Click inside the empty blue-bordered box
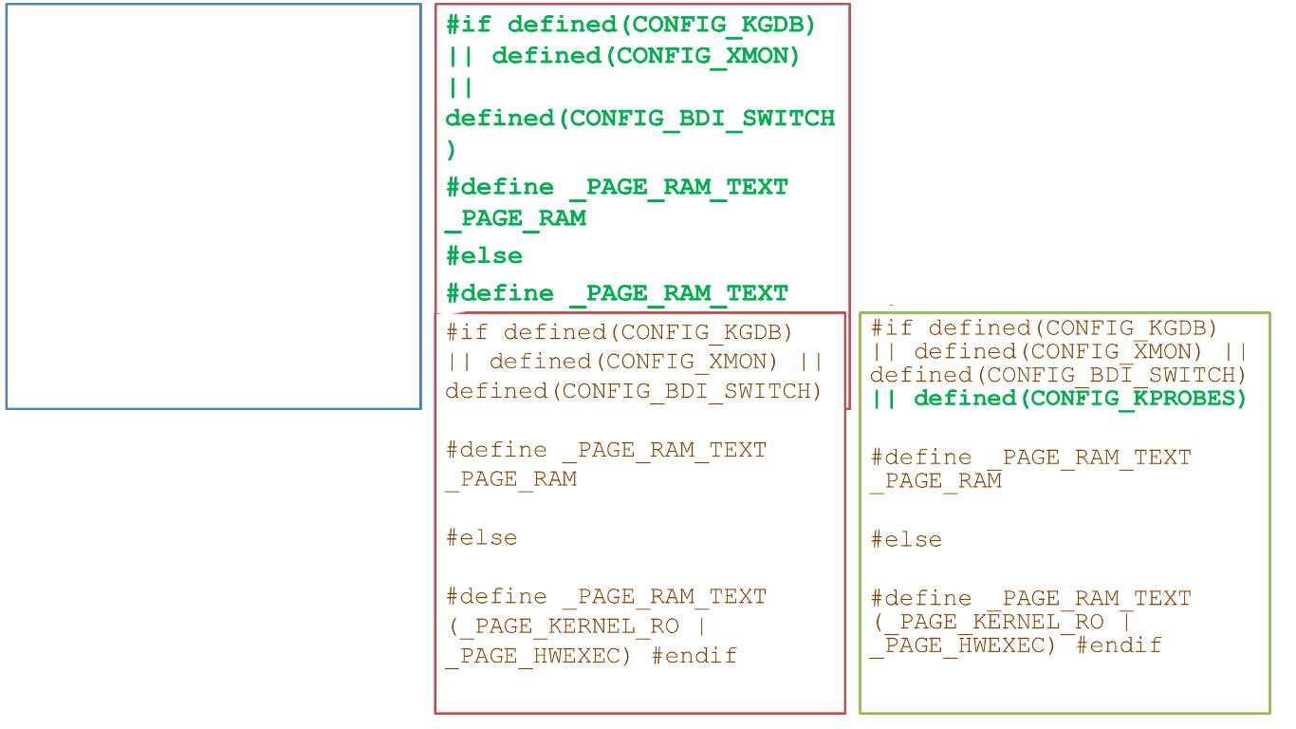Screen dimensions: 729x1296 click(213, 206)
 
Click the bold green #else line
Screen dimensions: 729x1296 click(484, 256)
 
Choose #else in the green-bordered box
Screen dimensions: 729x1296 click(906, 540)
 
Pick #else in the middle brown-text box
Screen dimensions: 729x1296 click(481, 538)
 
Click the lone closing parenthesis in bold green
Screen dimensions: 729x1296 click(452, 150)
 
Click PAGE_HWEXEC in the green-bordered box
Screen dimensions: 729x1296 click(959, 645)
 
